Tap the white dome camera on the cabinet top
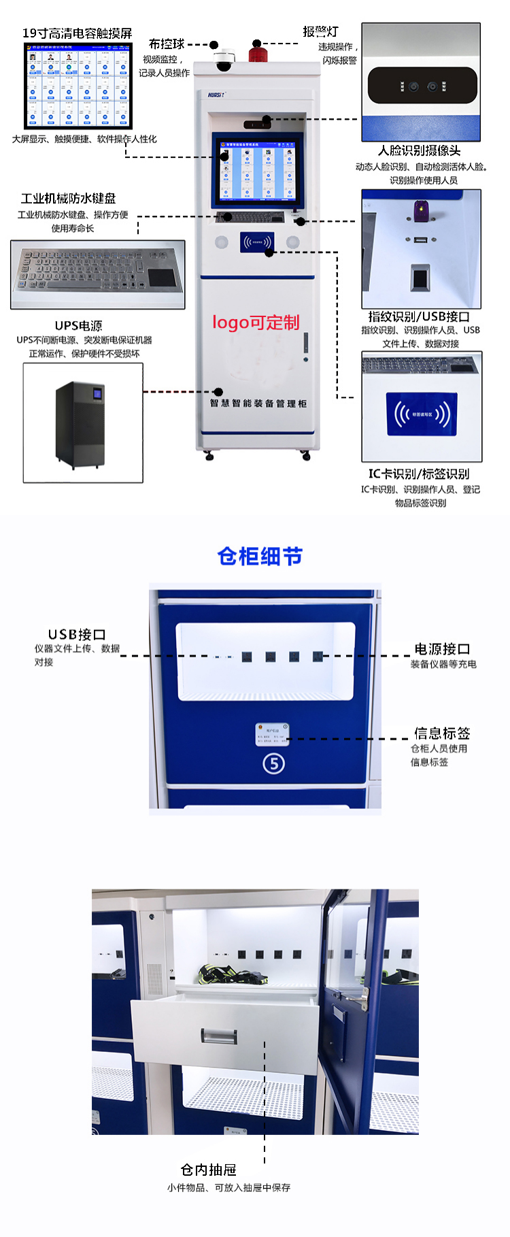tap(224, 61)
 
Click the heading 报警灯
tap(320, 31)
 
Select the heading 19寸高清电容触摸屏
tap(77, 33)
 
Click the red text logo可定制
tap(256, 323)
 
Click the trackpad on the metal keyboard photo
tap(161, 278)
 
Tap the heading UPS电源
tap(79, 326)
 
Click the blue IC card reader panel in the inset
tap(422, 414)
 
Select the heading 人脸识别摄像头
tap(420, 151)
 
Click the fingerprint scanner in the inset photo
tap(420, 279)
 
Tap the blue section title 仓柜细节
tap(259, 557)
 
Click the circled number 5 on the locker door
tap(273, 764)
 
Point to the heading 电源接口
tap(442, 649)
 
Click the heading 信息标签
tap(442, 733)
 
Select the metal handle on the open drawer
tap(219, 1037)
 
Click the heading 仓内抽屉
tap(209, 1170)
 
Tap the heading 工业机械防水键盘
tap(69, 199)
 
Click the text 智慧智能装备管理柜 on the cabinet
tap(258, 403)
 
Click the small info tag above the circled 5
tap(272, 735)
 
